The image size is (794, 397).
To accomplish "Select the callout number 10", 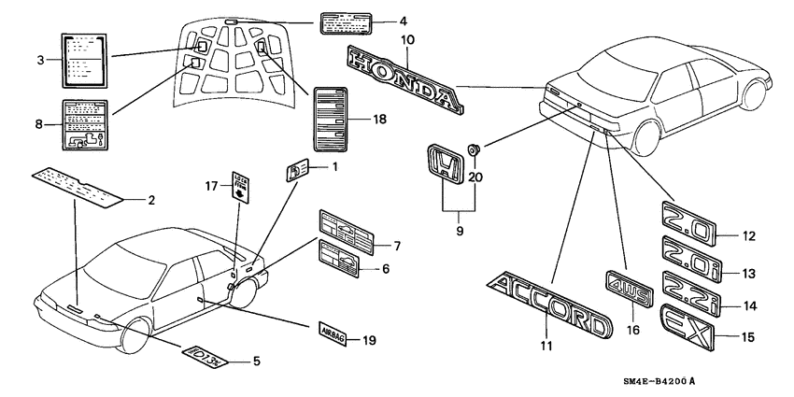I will click(x=407, y=39).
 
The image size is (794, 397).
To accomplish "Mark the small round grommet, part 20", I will click(x=475, y=149).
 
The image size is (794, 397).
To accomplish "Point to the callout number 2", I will click(x=150, y=200).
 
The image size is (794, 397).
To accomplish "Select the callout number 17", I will click(x=213, y=187).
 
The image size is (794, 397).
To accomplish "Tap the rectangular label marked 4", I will click(x=347, y=22).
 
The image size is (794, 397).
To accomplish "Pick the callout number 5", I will click(x=256, y=361).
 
